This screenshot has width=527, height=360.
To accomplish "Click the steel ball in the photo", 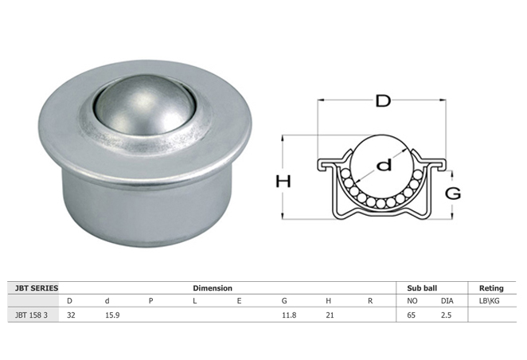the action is coord(145,104).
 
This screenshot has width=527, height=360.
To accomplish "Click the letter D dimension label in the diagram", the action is coord(383,100).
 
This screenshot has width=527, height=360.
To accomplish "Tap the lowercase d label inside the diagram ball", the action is coord(385,165).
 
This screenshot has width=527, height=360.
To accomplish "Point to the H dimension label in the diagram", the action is coord(283,181).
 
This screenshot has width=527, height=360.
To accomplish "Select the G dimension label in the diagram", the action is coord(453,194).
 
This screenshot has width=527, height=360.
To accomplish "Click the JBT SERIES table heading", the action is coord(37,288).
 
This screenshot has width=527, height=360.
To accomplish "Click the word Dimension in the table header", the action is coord(213,288).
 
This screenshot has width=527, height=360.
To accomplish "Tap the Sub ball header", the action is coord(422,288).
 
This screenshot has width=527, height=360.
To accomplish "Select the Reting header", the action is coord(491,288).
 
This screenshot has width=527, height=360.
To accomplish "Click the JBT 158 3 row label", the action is coord(31,315).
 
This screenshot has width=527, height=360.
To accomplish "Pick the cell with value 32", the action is coord(71,315).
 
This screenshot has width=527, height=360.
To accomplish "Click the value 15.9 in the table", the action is coord(112,315).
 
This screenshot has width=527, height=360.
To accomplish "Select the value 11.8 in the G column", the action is coord(289,315).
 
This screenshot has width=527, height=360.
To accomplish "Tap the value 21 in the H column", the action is coord(330,315).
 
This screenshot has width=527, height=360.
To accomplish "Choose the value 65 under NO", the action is coord(411,315).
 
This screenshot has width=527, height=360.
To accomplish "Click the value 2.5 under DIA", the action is coord(446,315).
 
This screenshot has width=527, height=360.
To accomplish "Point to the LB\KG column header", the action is coord(489,301).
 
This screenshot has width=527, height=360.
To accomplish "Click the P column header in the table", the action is coord(151,301).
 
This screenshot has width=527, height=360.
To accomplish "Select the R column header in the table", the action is coord(370,301).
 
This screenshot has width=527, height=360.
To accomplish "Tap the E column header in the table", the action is coord(239,301).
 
